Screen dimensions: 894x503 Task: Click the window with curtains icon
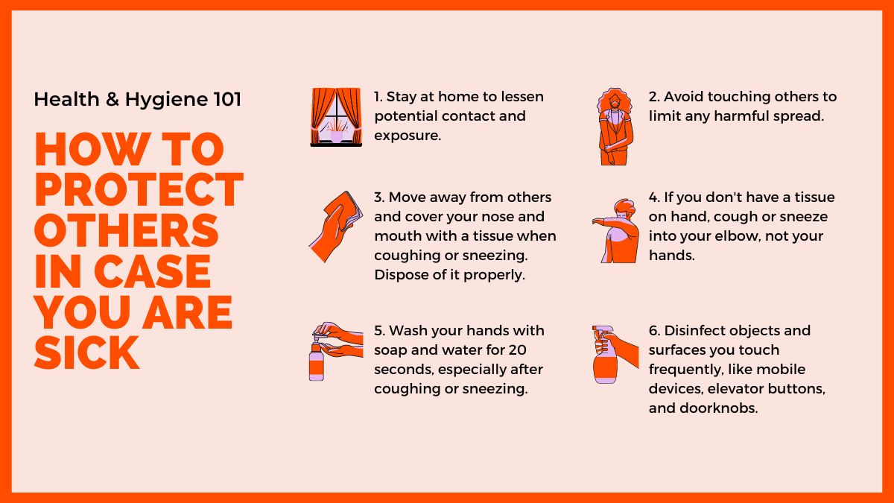tap(336, 117)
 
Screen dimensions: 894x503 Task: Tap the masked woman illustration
tap(615, 127)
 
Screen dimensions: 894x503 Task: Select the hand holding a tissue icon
tap(336, 227)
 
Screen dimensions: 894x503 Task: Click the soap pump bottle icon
tap(336, 351)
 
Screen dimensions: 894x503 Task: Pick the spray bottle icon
tap(615, 355)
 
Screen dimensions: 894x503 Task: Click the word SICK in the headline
tap(86, 352)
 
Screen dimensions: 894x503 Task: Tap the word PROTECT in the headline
tap(139, 189)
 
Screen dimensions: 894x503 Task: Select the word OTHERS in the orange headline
tap(126, 230)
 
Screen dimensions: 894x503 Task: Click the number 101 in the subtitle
tap(227, 99)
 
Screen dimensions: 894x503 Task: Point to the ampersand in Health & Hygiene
tap(112, 99)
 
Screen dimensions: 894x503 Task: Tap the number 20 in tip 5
tap(517, 350)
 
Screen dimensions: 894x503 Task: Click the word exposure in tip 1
tap(408, 136)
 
